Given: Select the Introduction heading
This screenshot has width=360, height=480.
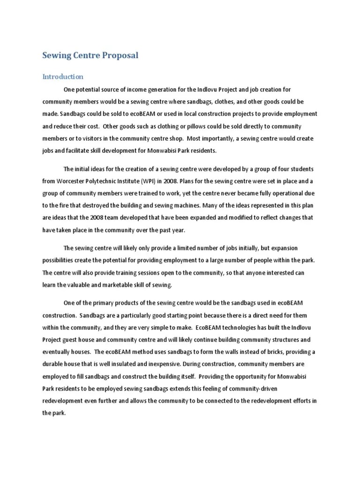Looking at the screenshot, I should (x=63, y=76).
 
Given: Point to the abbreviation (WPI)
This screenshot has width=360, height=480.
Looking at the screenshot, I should (x=151, y=181).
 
